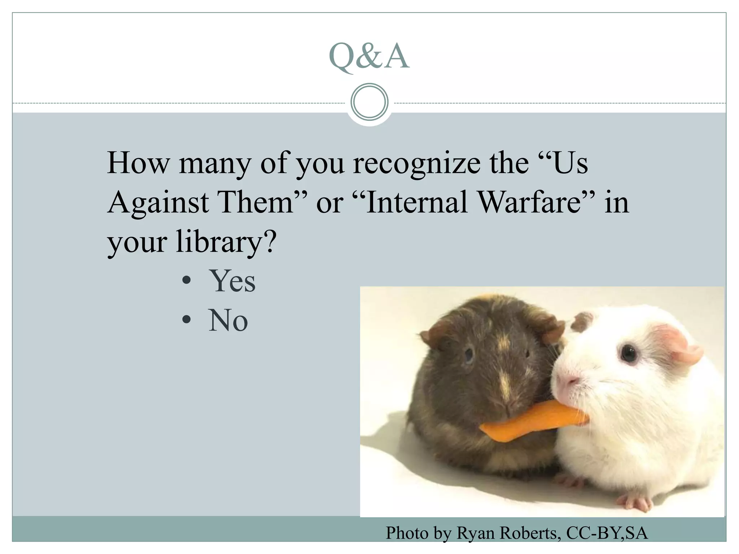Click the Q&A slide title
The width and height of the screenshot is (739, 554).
(369, 56)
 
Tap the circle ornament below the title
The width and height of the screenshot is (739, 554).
(369, 102)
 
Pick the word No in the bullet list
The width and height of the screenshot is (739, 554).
(228, 320)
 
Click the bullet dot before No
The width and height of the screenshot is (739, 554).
(186, 319)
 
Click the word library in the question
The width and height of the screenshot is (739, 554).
(219, 241)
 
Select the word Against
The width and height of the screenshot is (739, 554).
(158, 202)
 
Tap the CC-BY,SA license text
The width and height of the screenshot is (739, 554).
(607, 533)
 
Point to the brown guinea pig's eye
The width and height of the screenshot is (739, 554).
(468, 355)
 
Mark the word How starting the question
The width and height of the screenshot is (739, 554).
(138, 163)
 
